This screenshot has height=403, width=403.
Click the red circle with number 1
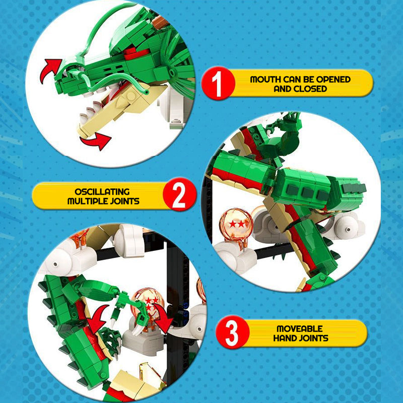click(218, 83)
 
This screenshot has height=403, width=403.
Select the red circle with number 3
click(232, 332)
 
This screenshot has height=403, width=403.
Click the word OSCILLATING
click(102, 192)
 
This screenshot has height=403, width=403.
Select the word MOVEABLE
click(299, 329)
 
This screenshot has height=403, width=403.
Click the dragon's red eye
click(136, 52)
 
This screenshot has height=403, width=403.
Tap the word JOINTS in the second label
click(125, 201)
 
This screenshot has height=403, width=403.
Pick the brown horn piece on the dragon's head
click(160, 22)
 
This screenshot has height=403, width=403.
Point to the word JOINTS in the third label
click(314, 338)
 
